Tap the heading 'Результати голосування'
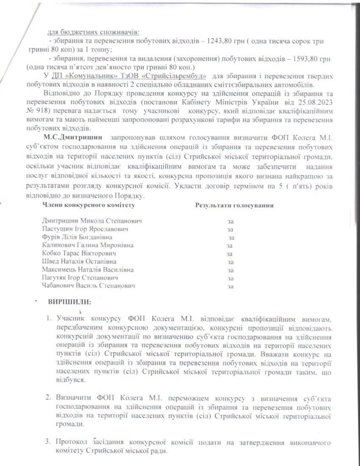234,206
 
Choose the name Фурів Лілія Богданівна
77,237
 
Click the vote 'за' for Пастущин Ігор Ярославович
230,229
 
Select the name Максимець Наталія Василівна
86,270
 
